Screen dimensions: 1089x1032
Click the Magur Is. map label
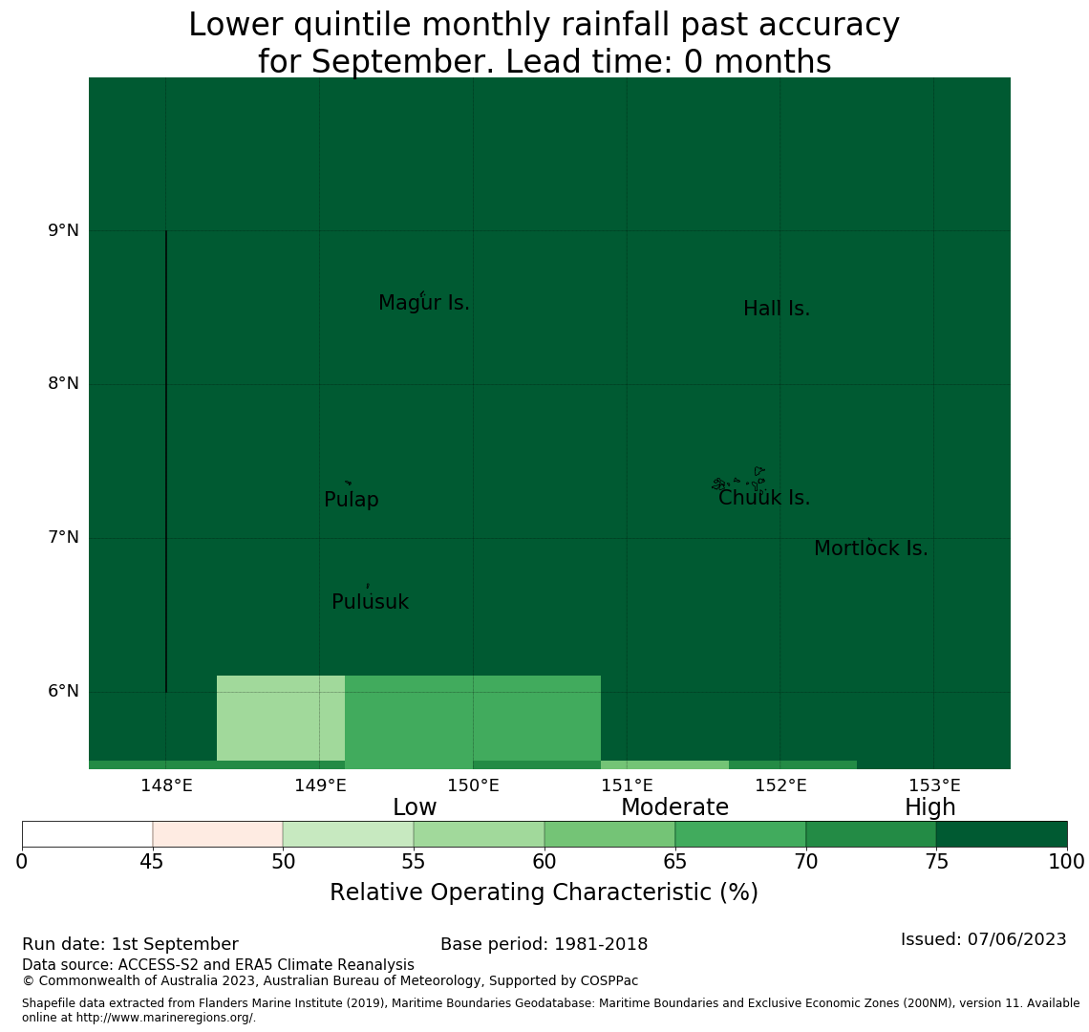424,303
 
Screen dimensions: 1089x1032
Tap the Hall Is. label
777,309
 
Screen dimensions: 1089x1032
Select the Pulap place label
352,500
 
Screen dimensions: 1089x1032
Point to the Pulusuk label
371,602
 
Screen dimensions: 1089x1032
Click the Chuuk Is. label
764,498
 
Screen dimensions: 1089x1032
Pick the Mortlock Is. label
871,548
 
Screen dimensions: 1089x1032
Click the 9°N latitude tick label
63,230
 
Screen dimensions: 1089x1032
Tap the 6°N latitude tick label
63,692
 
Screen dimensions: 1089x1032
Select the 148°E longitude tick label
166,785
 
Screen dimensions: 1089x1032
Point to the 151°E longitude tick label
628,785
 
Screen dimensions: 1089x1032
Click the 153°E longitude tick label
935,785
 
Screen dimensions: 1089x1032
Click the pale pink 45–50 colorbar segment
218,834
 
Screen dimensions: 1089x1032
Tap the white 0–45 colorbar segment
88,834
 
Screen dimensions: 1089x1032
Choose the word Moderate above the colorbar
675,807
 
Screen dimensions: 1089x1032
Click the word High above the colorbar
930,807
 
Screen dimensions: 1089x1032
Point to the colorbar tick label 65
675,863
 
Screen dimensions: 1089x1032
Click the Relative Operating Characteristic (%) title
544,892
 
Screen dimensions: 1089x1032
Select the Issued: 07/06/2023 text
983,939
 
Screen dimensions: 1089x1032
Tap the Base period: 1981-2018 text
544,944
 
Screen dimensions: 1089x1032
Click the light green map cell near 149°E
281,718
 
